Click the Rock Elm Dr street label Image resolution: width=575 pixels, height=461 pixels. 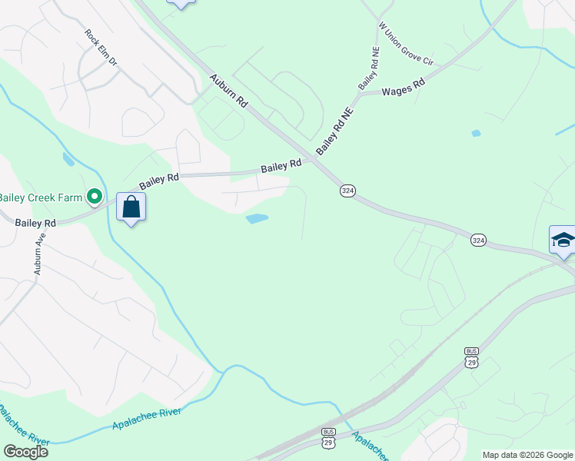coord(101,47)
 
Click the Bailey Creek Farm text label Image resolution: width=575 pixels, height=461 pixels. coord(40,197)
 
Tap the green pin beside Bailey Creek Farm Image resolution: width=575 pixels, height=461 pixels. coord(95,198)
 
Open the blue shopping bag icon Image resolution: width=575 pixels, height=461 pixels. coord(131,207)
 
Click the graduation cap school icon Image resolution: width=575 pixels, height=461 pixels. coord(563,240)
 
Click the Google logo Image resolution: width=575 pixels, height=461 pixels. coord(25,452)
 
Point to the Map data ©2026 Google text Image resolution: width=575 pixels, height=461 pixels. coord(527,455)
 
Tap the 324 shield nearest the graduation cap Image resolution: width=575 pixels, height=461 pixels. coord(478,240)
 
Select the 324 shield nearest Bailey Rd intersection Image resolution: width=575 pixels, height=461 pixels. coord(347,191)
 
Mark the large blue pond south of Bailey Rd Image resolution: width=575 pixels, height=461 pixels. coord(257,219)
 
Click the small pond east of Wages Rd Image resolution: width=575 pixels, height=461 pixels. coord(476,134)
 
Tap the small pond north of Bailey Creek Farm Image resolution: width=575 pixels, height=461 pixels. coord(68,159)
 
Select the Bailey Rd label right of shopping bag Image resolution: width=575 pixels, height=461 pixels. coord(159,181)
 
